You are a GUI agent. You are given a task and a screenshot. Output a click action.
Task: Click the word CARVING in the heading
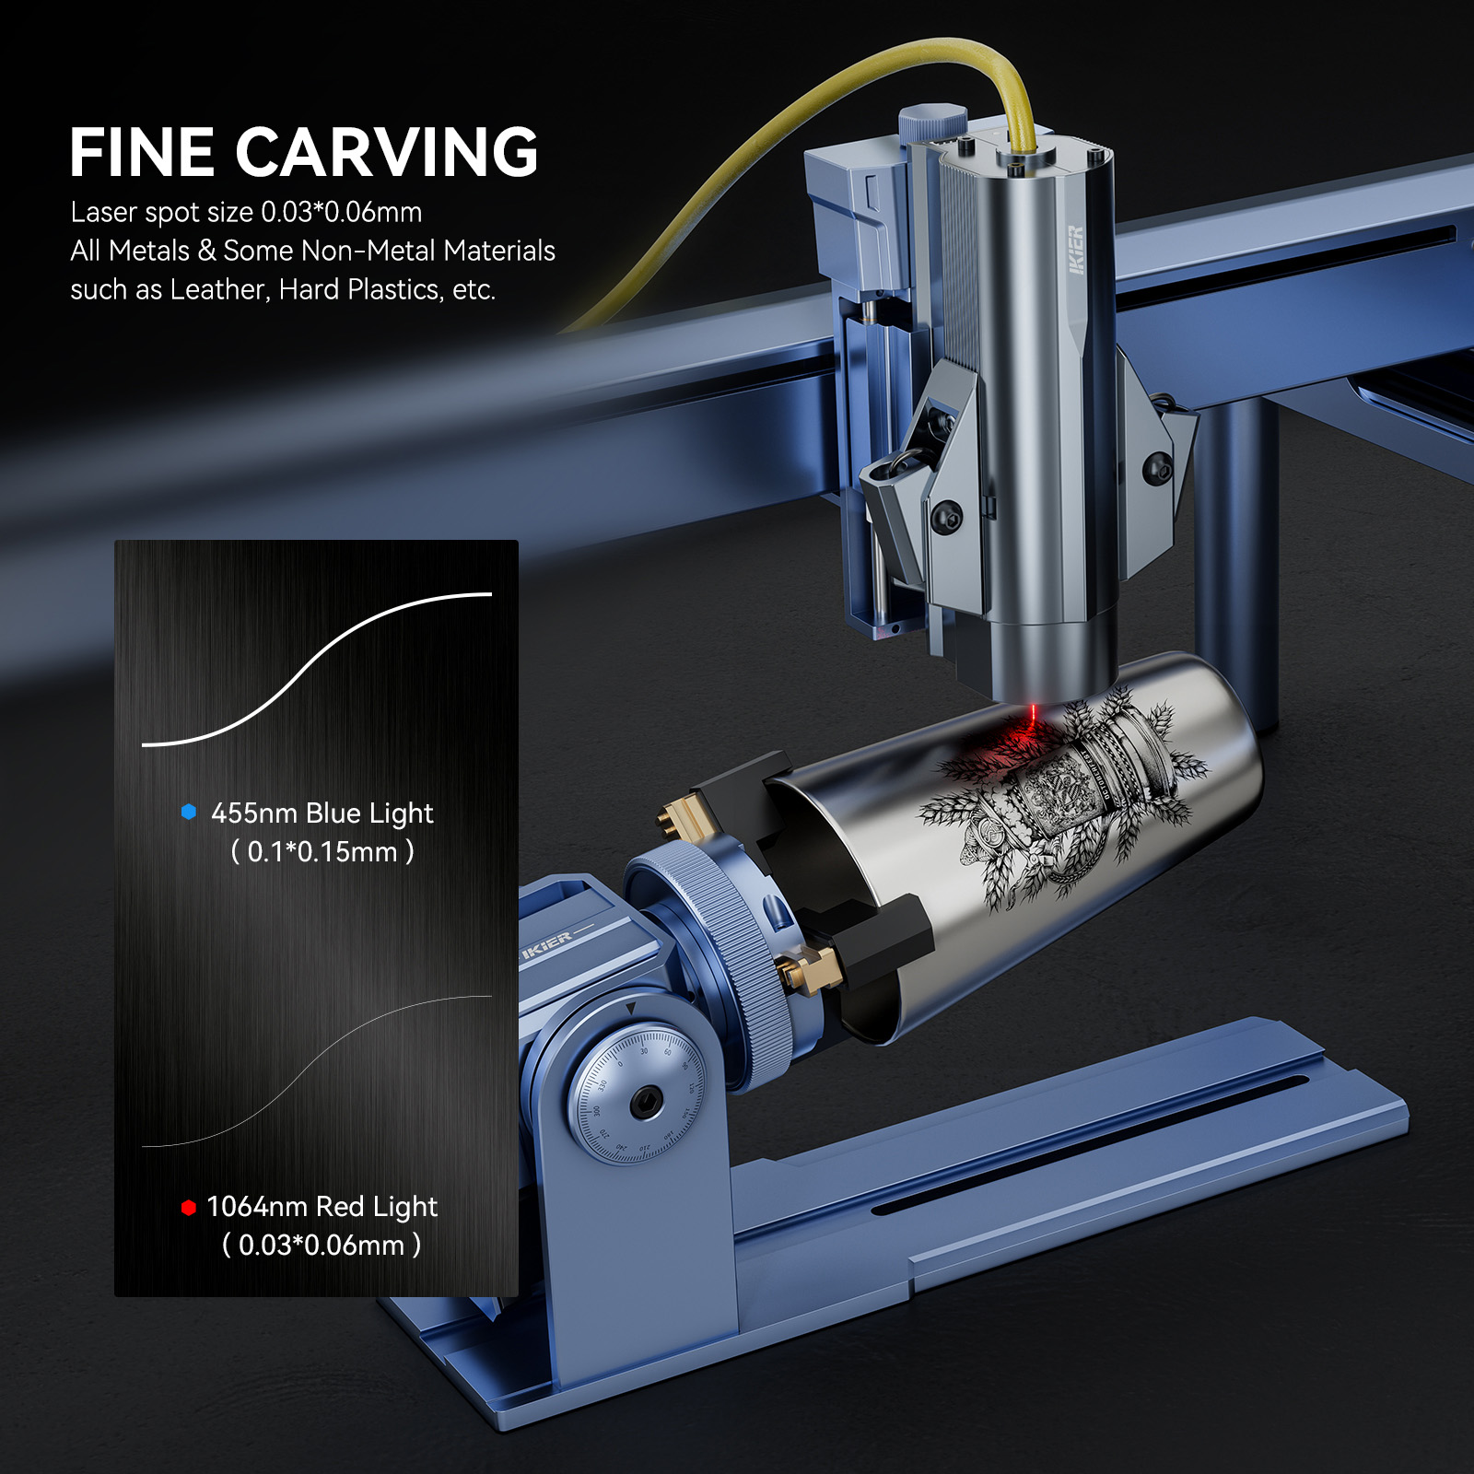pyautogui.click(x=387, y=153)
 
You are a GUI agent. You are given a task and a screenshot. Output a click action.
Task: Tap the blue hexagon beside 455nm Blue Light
pyautogui.click(x=189, y=812)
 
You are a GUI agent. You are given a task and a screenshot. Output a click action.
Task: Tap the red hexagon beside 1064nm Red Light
pyautogui.click(x=189, y=1207)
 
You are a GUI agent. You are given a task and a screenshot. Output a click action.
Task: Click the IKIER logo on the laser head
pyautogui.click(x=1076, y=250)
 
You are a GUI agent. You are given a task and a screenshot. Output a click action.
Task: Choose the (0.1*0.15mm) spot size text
pyautogui.click(x=322, y=852)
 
